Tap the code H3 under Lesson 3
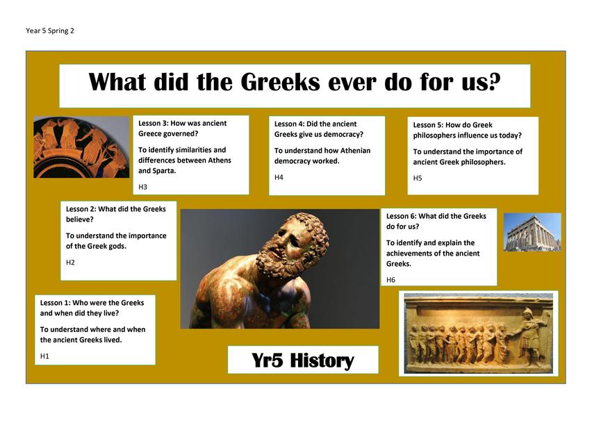coord(142,187)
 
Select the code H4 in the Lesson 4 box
coord(279,177)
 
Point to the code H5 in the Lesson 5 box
coord(417,178)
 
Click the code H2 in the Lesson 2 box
coord(70,262)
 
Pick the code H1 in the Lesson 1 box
coord(44,356)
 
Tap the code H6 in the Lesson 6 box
coord(391,279)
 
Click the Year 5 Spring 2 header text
coord(50,31)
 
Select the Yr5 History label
coord(303,361)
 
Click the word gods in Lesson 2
coord(117,246)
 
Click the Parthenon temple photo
coord(532,232)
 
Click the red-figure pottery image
coord(81,147)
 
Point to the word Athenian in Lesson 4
coord(355,151)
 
